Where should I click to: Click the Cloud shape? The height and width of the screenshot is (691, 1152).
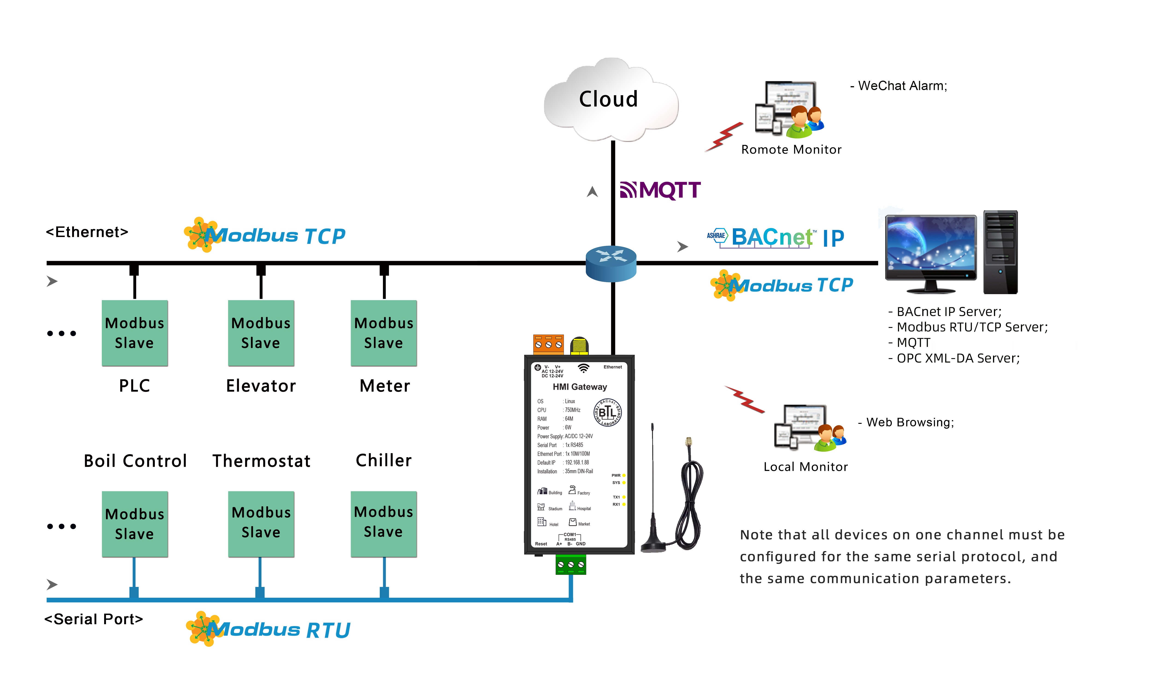point(610,100)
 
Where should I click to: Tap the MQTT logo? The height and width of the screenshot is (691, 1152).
point(660,190)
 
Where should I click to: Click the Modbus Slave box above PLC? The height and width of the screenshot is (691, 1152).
point(135,333)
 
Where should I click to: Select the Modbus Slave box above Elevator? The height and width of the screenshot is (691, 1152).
point(261,333)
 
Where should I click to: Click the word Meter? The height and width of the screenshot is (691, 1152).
point(385,386)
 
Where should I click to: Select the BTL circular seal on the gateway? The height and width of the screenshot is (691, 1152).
point(607,412)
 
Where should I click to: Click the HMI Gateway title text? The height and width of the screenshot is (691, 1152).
point(580,387)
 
